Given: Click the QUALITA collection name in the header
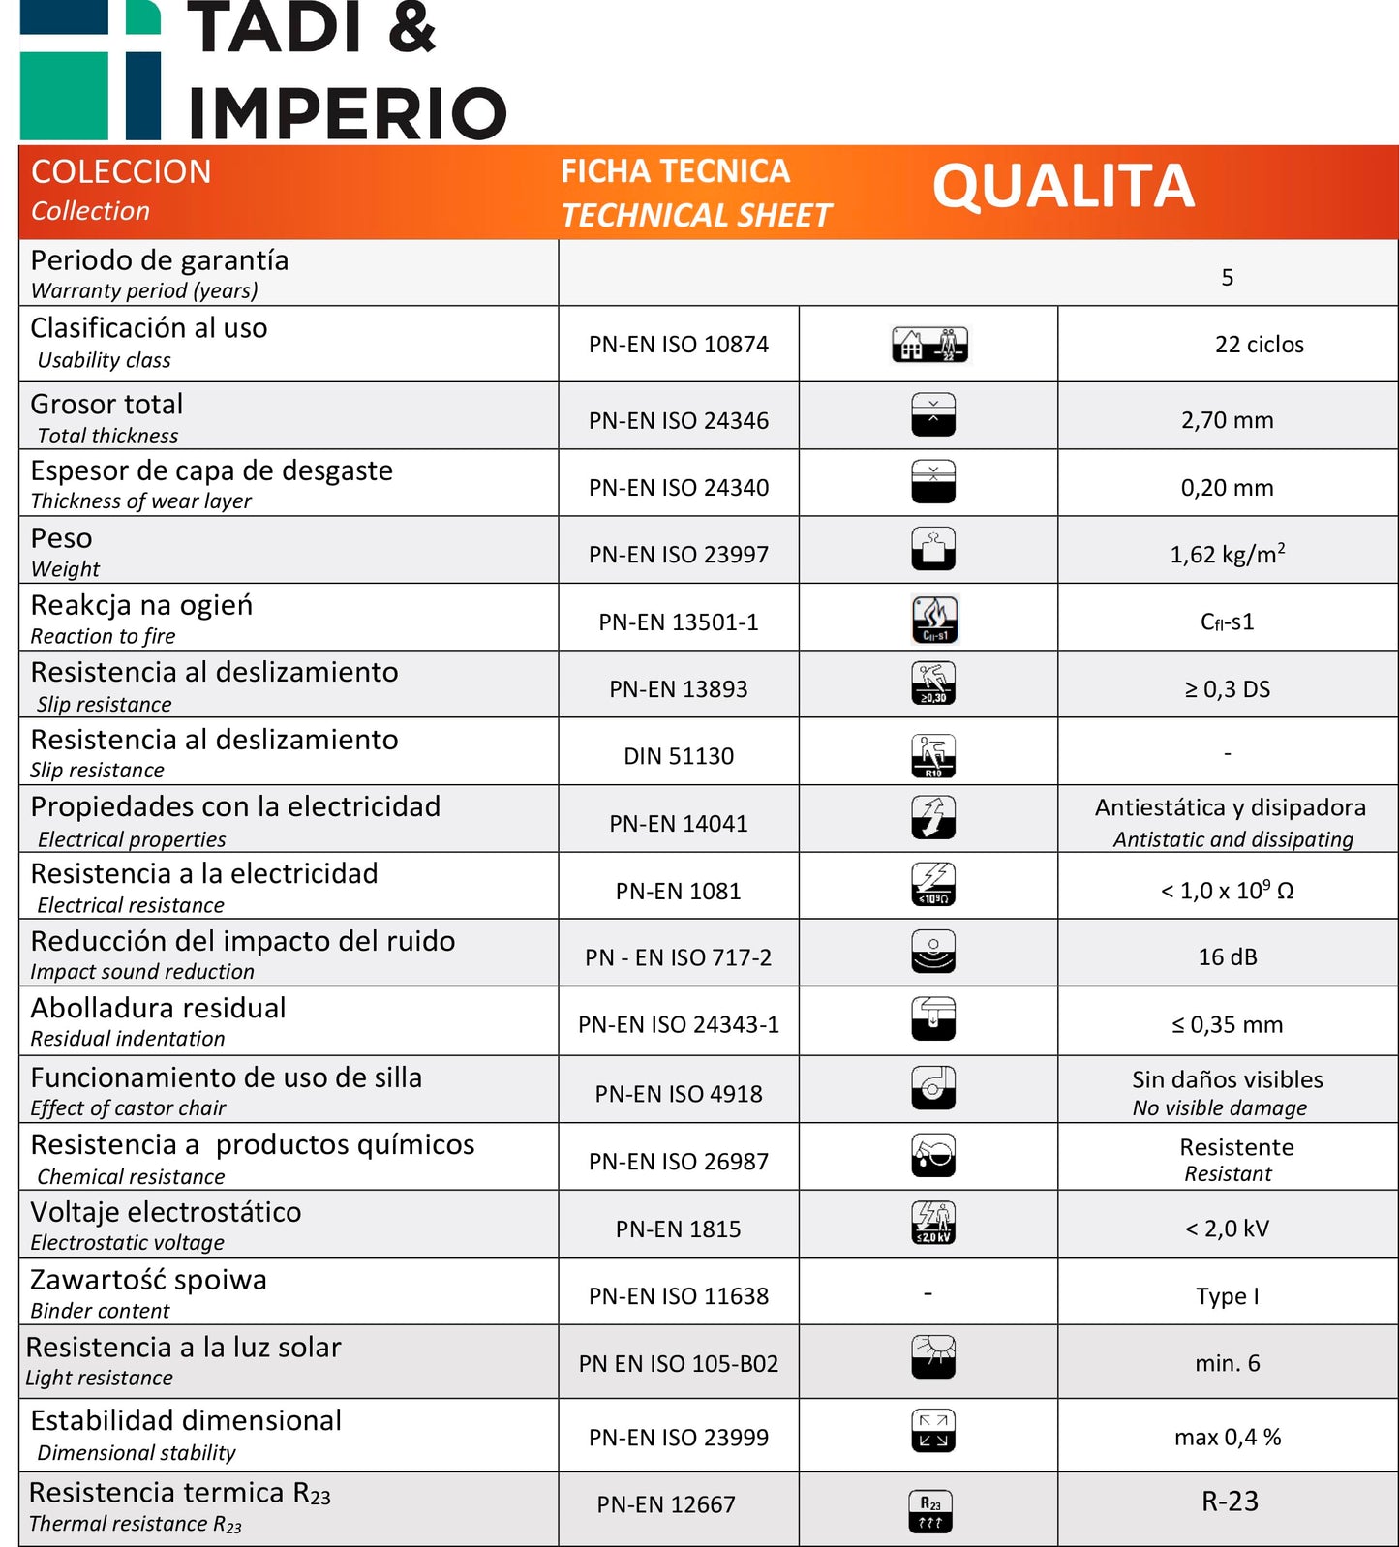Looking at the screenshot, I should [1063, 187].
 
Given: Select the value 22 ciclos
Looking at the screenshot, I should [1259, 345].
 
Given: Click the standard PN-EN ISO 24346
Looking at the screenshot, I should [678, 421].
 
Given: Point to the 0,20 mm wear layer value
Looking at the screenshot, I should [1227, 488].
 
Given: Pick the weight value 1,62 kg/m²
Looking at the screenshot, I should [1227, 555].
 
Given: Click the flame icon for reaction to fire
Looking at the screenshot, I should [934, 620].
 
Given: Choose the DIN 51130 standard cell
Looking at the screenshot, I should [678, 756].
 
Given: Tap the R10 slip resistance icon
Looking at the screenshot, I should [933, 755].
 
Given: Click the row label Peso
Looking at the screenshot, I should [62, 539].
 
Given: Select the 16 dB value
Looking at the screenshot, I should [1227, 957].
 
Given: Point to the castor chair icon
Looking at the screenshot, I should [933, 1088].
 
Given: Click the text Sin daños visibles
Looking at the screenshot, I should [1227, 1079].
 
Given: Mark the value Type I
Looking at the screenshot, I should [1227, 1296].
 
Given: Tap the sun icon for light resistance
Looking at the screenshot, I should [933, 1356].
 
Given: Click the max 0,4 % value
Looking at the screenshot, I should [1227, 1438].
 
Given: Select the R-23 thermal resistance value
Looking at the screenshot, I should [1230, 1501].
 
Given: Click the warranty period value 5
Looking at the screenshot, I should [1227, 278].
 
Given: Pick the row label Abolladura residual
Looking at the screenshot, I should [158, 1009].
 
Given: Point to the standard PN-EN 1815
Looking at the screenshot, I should [678, 1229].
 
